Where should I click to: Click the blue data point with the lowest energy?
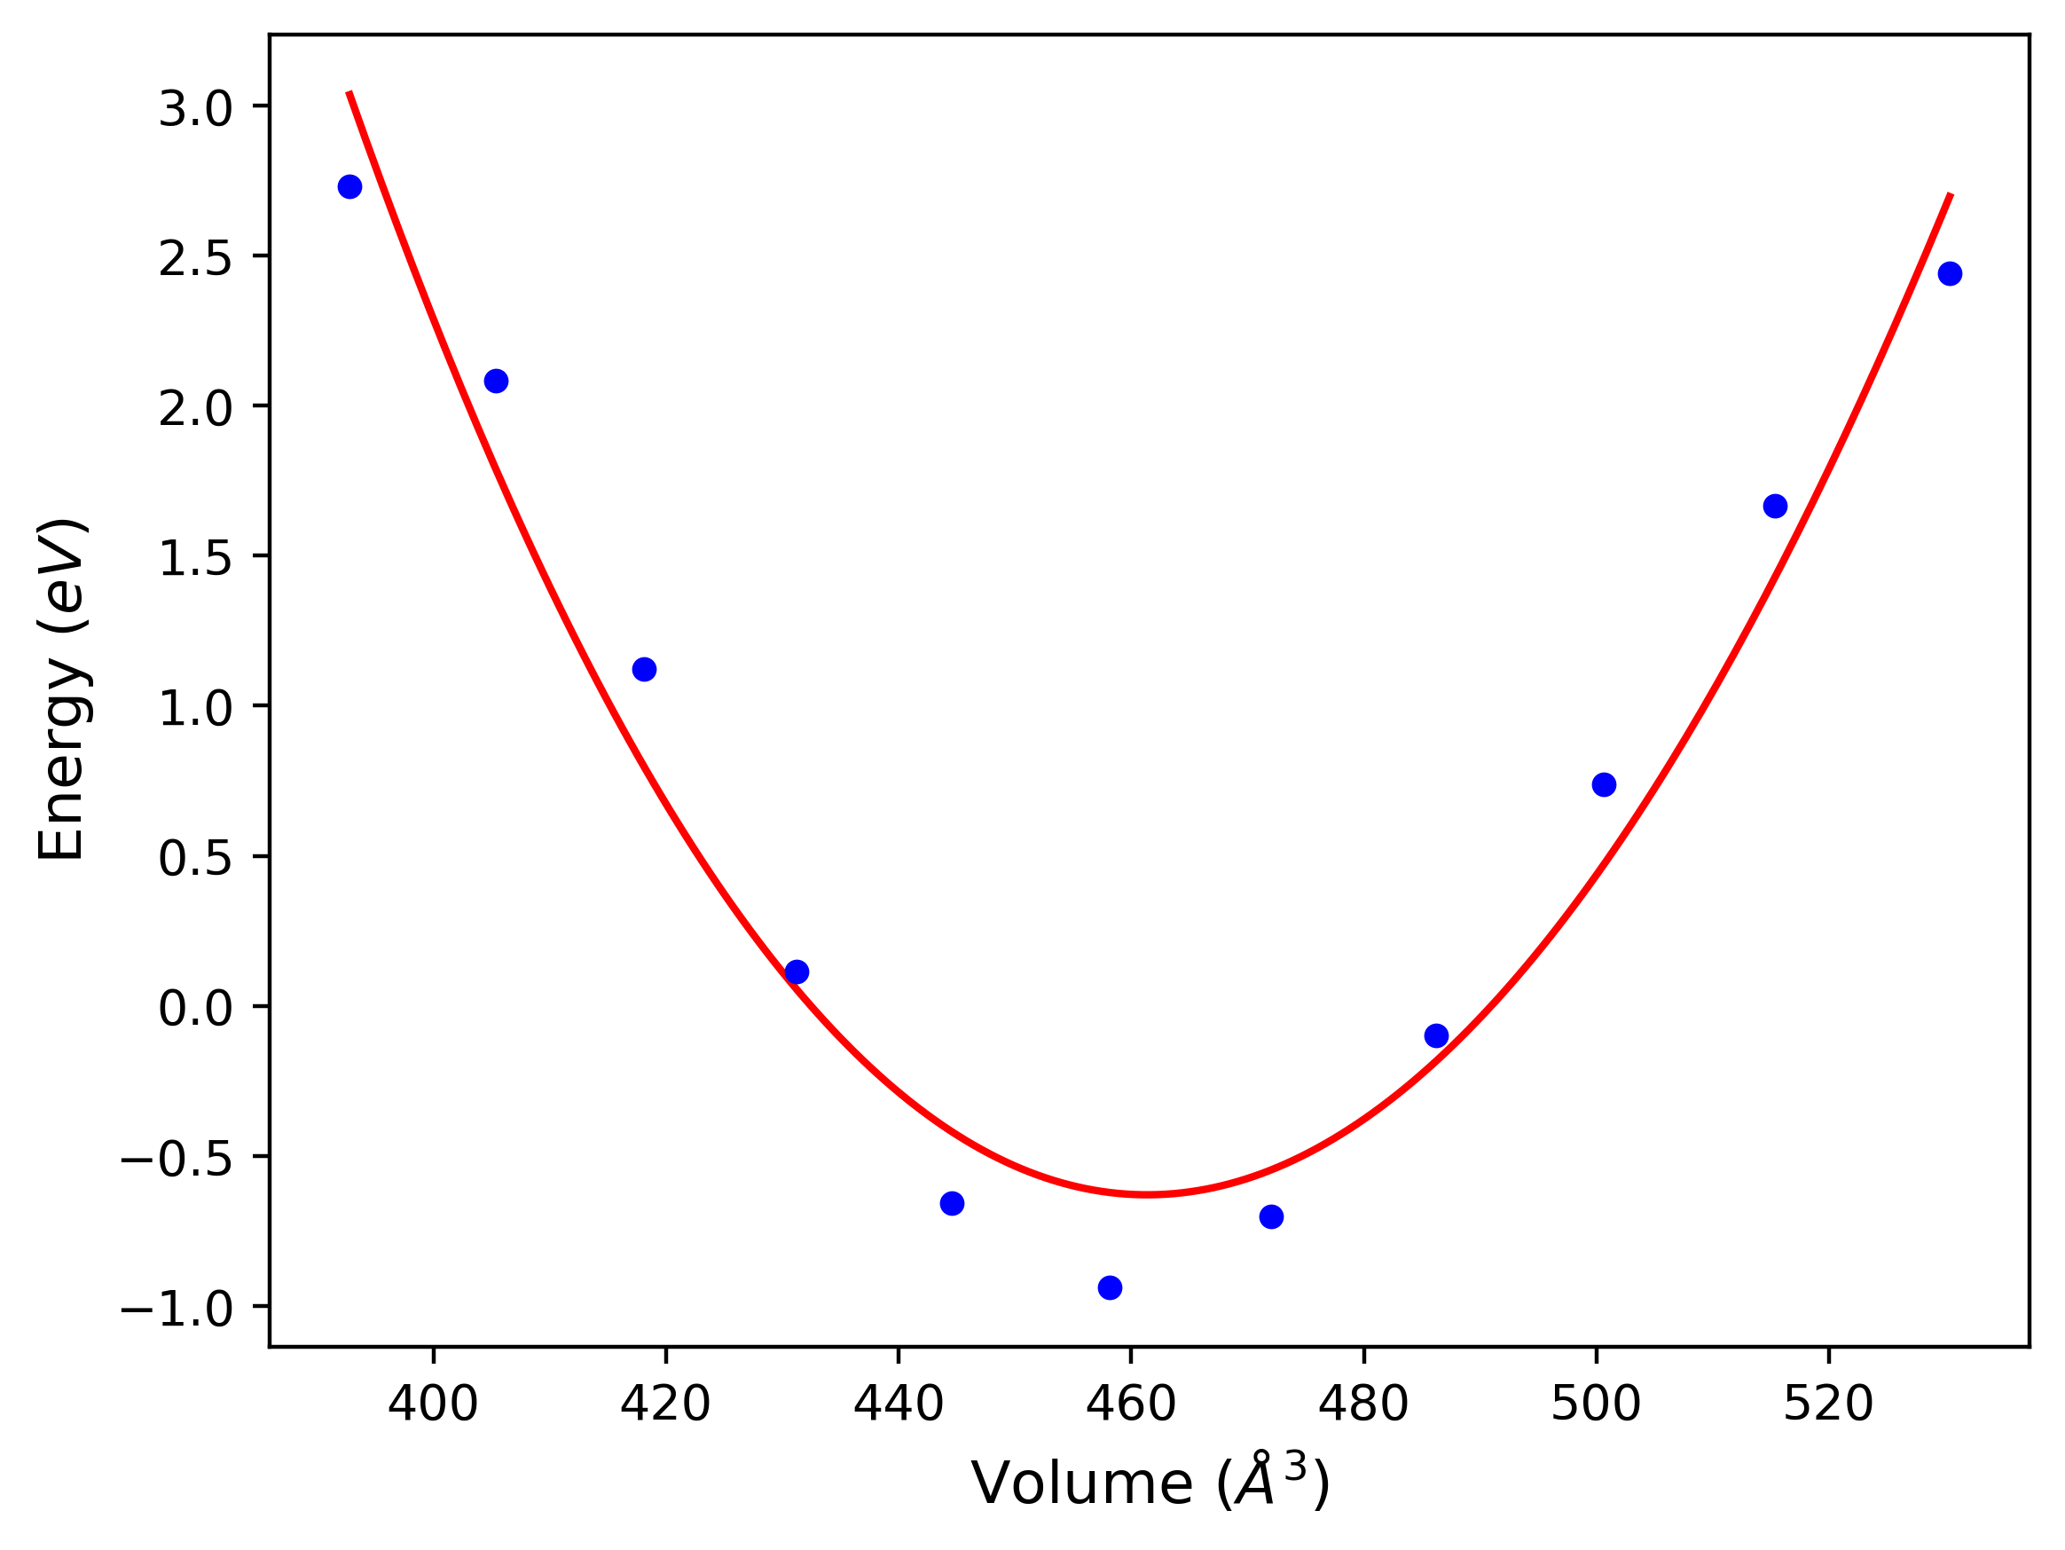1110,1287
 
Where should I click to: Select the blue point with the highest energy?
350,186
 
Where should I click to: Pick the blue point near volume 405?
497,381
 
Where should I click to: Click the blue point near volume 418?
644,670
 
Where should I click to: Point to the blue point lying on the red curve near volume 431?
797,972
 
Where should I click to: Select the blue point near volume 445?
952,1204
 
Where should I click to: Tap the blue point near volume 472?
1271,1216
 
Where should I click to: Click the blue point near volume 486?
1437,1035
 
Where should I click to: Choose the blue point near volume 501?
1604,784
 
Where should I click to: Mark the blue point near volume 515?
1776,506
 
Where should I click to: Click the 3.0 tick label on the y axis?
195,110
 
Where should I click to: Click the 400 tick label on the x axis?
433,1404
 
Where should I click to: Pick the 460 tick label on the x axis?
1131,1404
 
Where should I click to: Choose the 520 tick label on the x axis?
1828,1404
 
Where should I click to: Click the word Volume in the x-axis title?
1082,1483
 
